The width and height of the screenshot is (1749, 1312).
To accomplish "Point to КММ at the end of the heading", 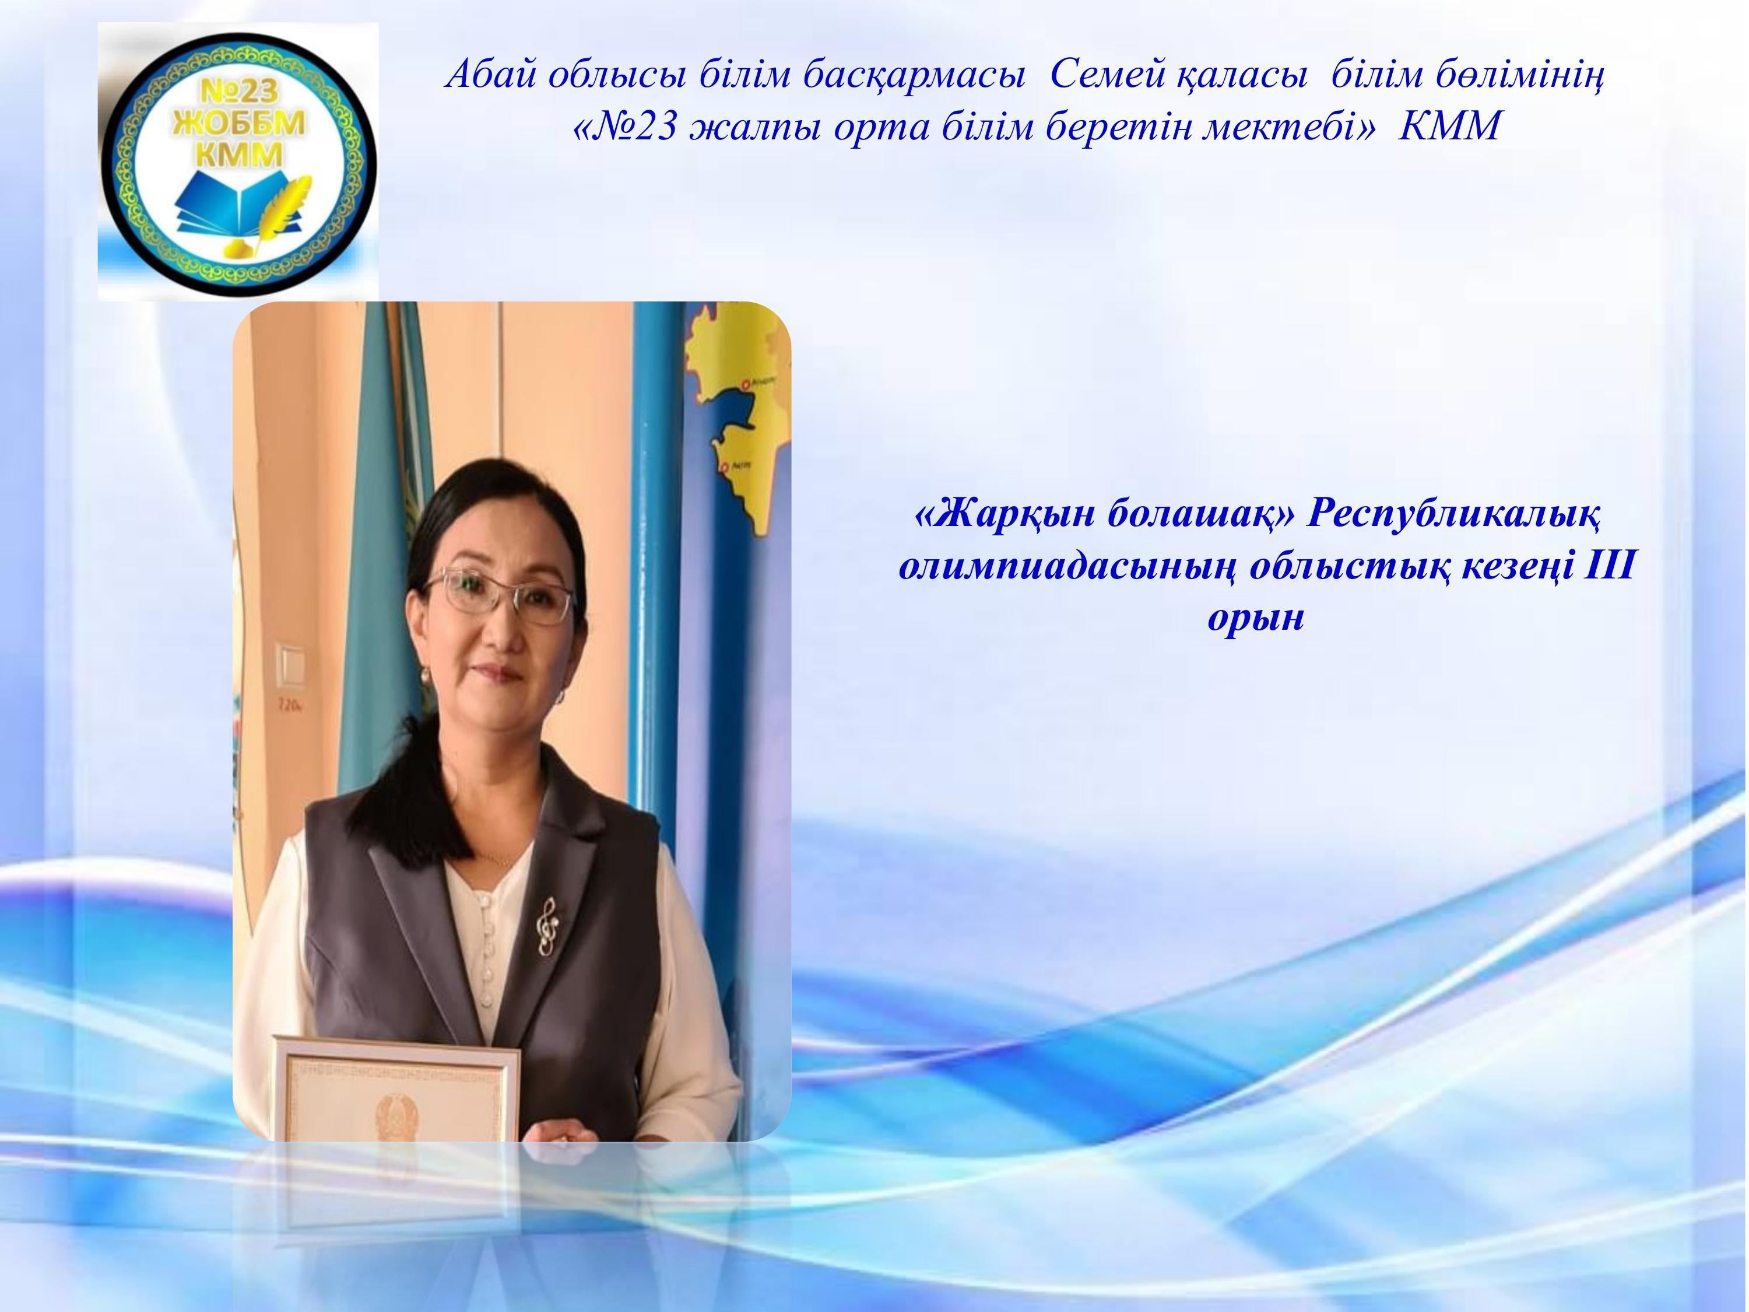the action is point(1449,127).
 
